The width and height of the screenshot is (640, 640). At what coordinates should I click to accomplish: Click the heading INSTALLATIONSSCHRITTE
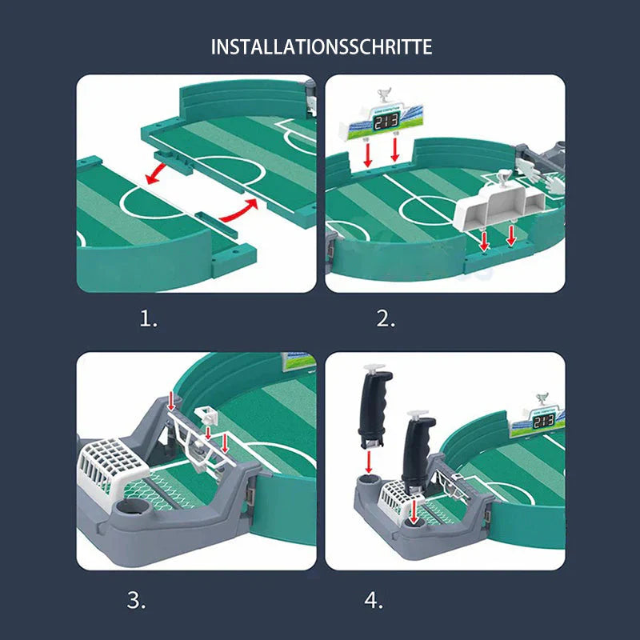321,46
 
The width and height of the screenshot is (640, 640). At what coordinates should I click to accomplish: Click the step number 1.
149,319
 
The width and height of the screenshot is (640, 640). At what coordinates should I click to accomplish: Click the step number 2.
386,319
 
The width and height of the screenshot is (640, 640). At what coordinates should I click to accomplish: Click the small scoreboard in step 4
543,421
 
